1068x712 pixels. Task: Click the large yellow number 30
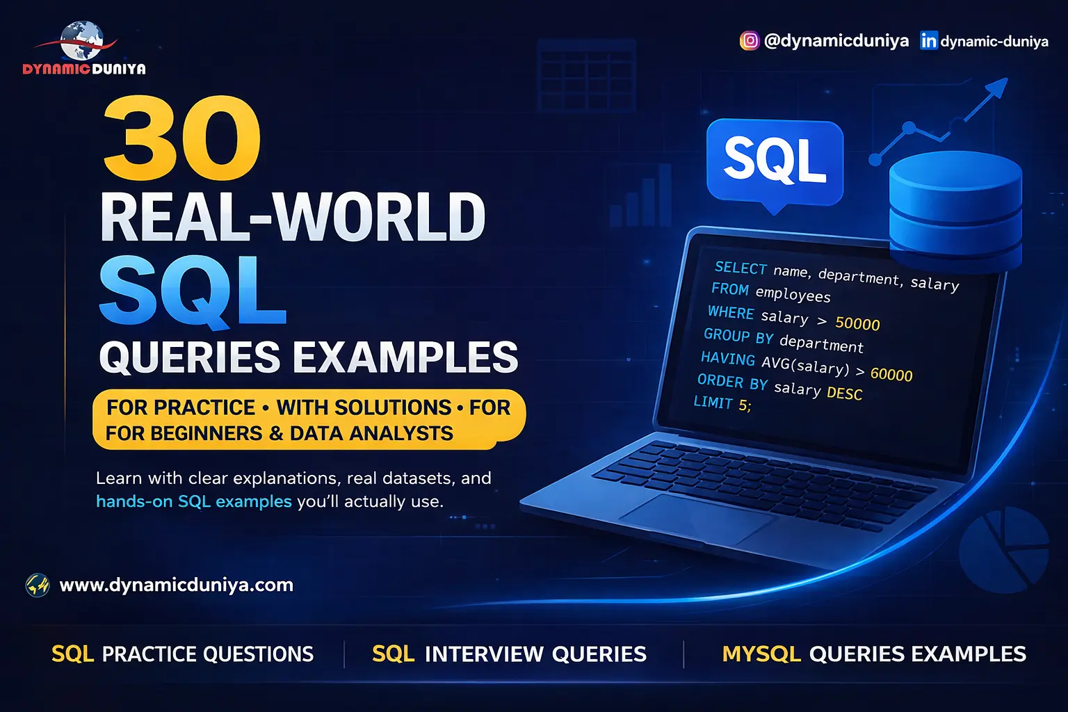coord(182,138)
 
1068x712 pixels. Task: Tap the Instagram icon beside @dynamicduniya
coord(749,41)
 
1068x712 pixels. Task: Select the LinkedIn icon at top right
coord(928,41)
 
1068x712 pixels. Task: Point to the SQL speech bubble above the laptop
coord(775,160)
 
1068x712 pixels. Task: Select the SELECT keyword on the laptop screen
coord(741,268)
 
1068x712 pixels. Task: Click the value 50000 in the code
coord(857,323)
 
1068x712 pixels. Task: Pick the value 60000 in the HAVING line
coord(891,375)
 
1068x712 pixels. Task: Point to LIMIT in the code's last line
coord(713,402)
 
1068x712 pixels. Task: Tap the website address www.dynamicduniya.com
coord(177,585)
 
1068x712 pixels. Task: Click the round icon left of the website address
coord(38,585)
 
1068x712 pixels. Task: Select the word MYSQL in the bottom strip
coord(761,654)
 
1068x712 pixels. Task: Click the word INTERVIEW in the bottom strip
coord(484,654)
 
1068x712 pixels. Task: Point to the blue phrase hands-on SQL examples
coord(194,501)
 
